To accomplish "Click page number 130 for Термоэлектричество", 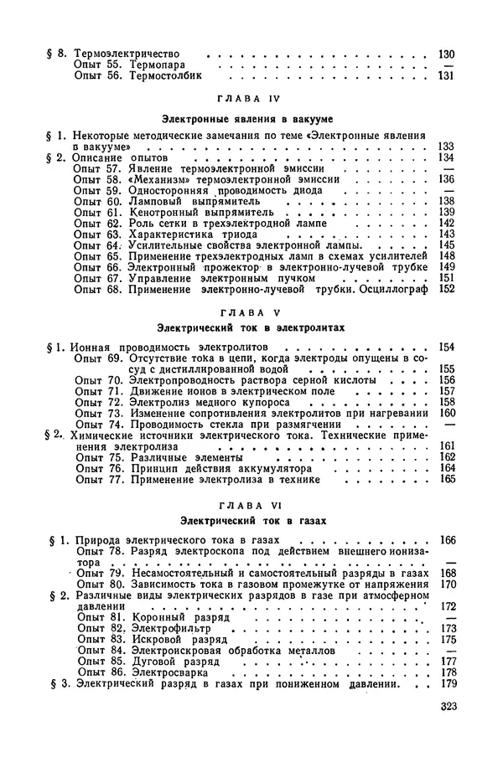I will pyautogui.click(x=446, y=55).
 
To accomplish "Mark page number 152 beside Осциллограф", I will pyautogui.click(x=446, y=289).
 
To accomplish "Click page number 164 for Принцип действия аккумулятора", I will pyautogui.click(x=446, y=467).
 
